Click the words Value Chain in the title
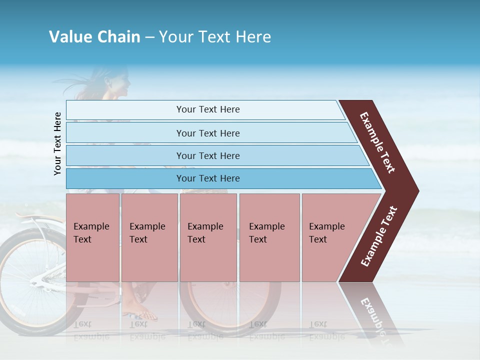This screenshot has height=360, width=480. [94, 37]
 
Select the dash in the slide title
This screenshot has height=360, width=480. [149, 37]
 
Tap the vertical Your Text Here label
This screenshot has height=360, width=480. [57, 143]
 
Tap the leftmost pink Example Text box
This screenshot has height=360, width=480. [92, 237]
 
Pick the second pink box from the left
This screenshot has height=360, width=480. [149, 237]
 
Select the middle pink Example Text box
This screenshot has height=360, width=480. [208, 237]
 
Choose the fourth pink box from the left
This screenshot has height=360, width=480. [269, 237]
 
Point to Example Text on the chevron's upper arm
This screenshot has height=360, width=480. [377, 142]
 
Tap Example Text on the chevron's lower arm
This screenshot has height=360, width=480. [379, 236]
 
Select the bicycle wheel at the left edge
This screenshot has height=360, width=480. [30, 285]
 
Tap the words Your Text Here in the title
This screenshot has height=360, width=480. [215, 37]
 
